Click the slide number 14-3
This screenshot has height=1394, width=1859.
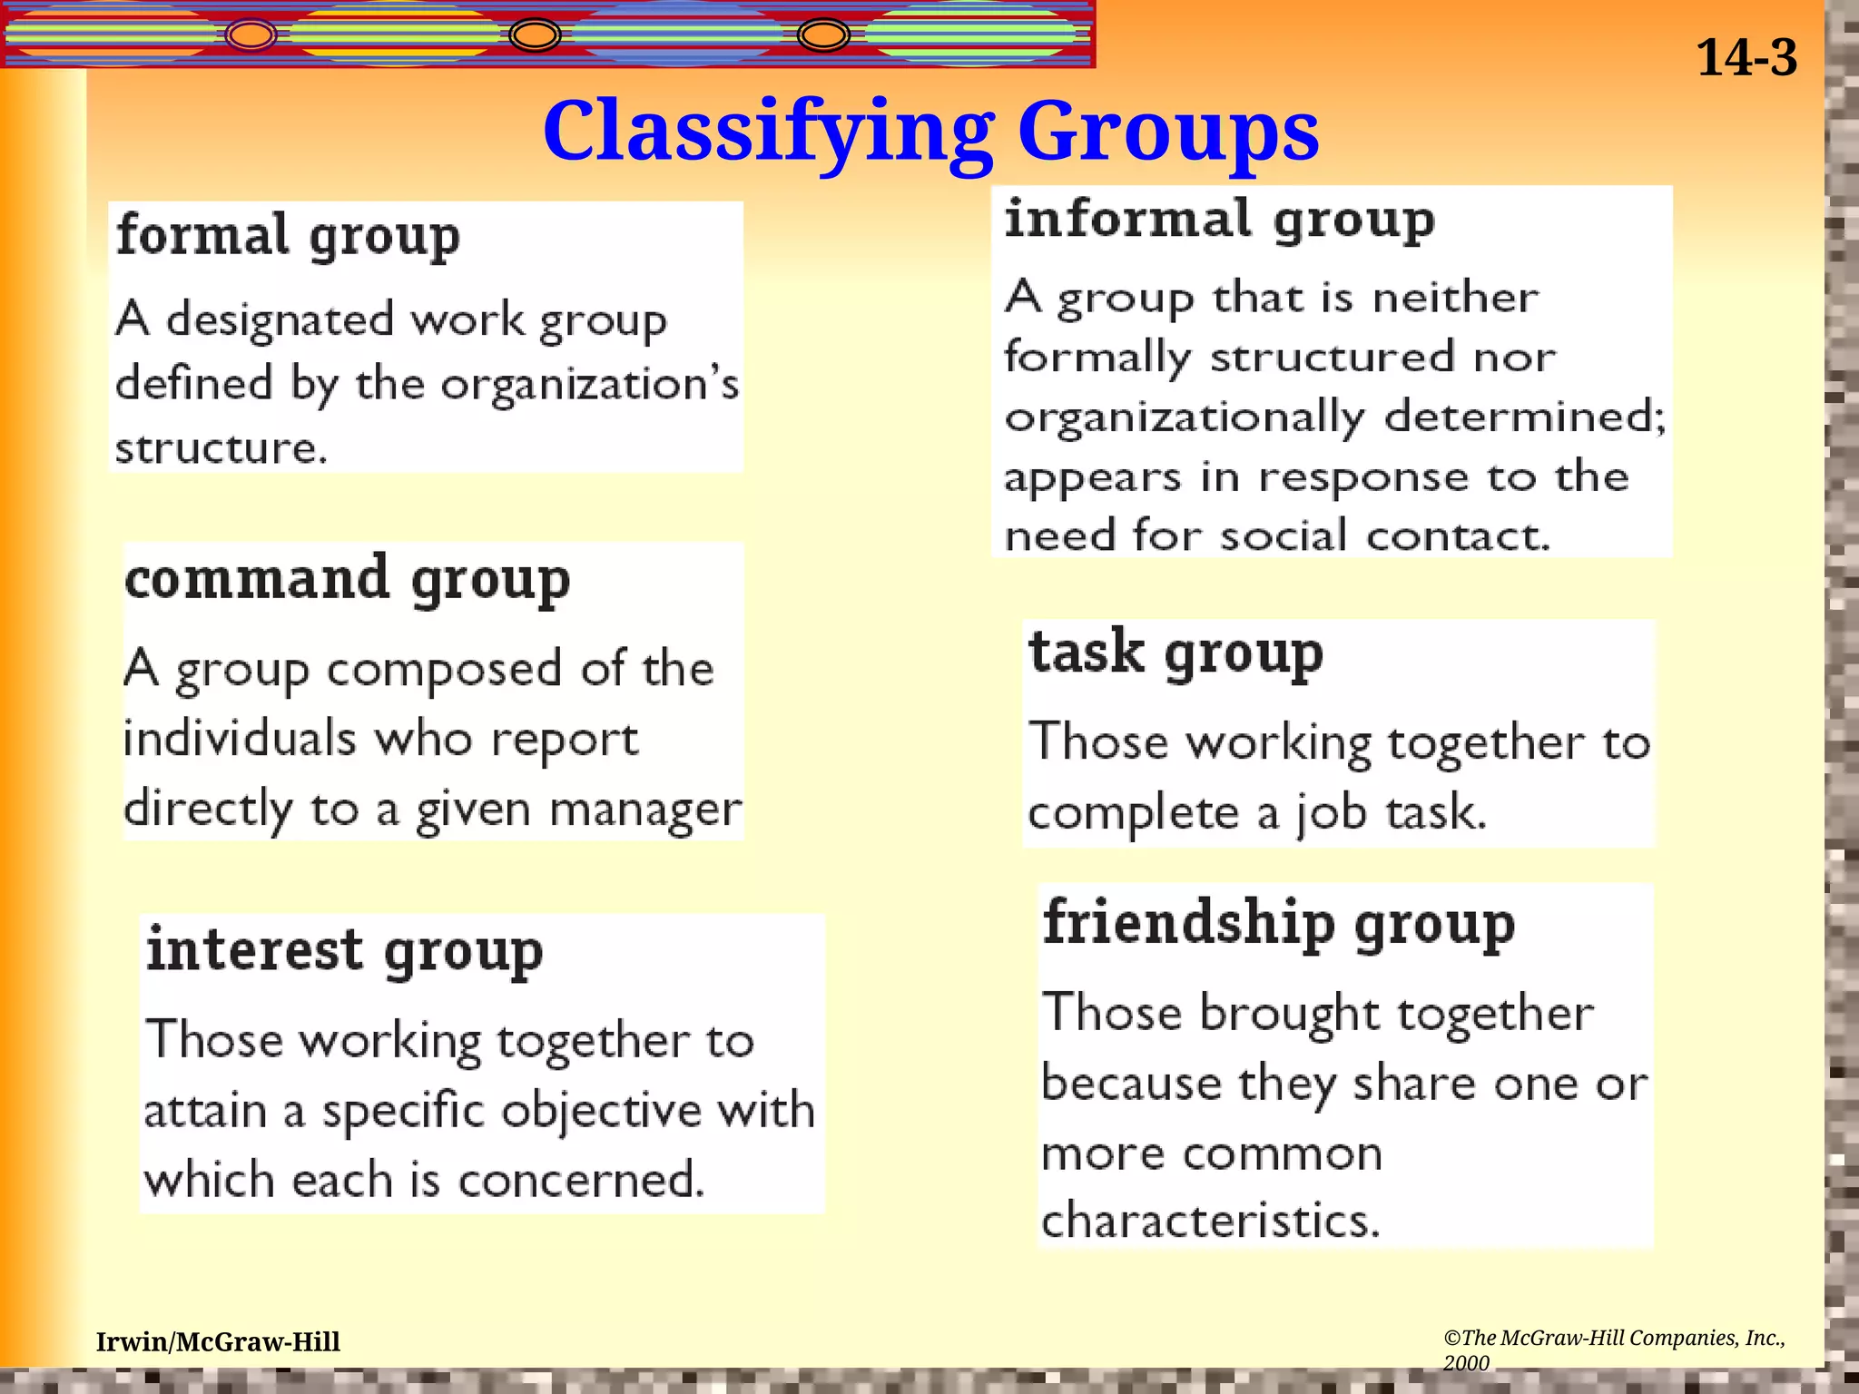coord(1746,58)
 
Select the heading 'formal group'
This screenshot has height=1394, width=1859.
coord(288,236)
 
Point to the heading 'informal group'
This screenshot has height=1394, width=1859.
coord(1219,221)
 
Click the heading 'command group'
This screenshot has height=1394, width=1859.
coord(347,579)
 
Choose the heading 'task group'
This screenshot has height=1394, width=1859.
coord(1175,653)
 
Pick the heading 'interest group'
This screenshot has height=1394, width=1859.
coord(344,950)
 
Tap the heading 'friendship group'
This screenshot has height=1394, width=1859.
coord(1278,924)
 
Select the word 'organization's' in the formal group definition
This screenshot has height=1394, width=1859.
coord(590,385)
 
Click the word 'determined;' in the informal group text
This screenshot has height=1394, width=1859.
coord(1525,417)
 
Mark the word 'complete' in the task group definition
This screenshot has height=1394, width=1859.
coord(1133,812)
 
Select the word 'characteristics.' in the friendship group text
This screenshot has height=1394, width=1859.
coord(1210,1220)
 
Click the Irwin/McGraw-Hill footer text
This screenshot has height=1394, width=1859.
coord(218,1341)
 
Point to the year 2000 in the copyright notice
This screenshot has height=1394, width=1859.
coord(1466,1363)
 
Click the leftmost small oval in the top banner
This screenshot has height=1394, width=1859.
coord(251,35)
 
